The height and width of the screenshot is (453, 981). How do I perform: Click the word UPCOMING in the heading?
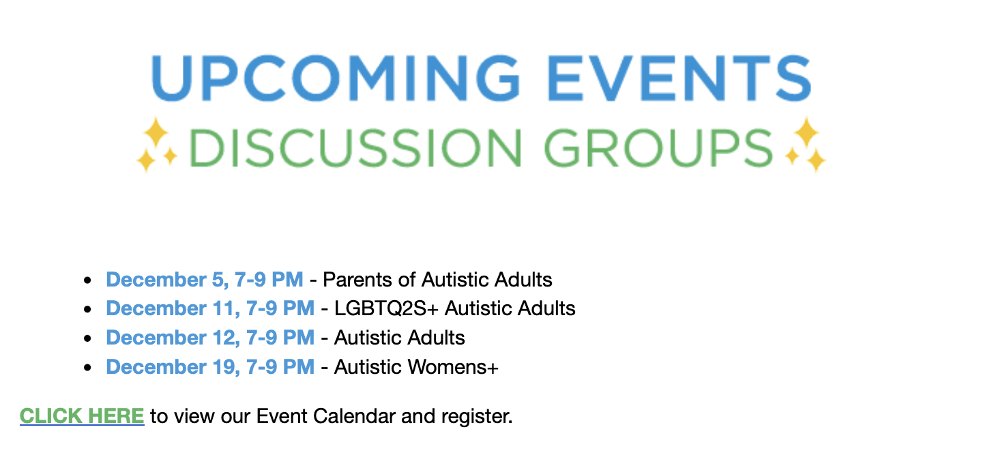pos(336,78)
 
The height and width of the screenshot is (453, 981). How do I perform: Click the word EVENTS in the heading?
pos(679,78)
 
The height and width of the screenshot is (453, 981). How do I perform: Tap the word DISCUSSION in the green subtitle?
pos(355,148)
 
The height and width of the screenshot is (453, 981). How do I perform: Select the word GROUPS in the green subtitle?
pos(658,148)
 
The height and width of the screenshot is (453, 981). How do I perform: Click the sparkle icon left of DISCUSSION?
pos(156,145)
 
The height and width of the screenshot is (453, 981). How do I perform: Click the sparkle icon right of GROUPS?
pos(805,145)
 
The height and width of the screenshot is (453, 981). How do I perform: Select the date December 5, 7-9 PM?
pos(205,280)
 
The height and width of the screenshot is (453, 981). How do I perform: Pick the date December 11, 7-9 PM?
pos(210,308)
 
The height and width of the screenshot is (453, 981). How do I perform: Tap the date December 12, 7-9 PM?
pos(210,338)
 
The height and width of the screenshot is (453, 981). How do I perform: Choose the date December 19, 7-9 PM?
pos(210,367)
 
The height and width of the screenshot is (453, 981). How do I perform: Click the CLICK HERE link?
pos(82,415)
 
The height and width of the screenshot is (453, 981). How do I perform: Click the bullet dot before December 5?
pos(87,280)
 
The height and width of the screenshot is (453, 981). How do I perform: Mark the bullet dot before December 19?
pos(87,368)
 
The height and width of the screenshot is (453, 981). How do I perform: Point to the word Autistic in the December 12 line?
pos(367,338)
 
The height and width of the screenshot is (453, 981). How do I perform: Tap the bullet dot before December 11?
pos(87,309)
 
